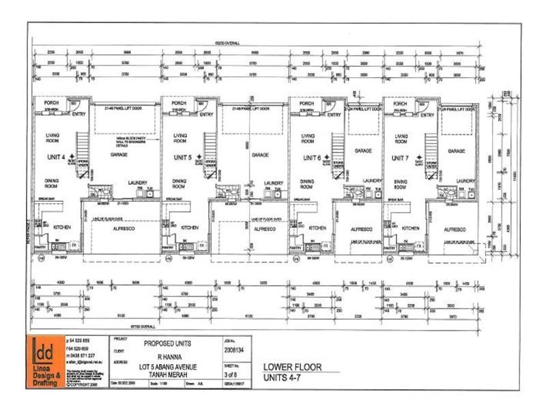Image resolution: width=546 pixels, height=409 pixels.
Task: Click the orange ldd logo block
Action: pyautogui.click(x=46, y=361)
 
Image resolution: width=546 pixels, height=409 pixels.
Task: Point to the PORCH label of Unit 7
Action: pyautogui.click(x=401, y=104)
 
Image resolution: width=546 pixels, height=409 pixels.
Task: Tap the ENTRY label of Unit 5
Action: pyautogui.click(x=205, y=115)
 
